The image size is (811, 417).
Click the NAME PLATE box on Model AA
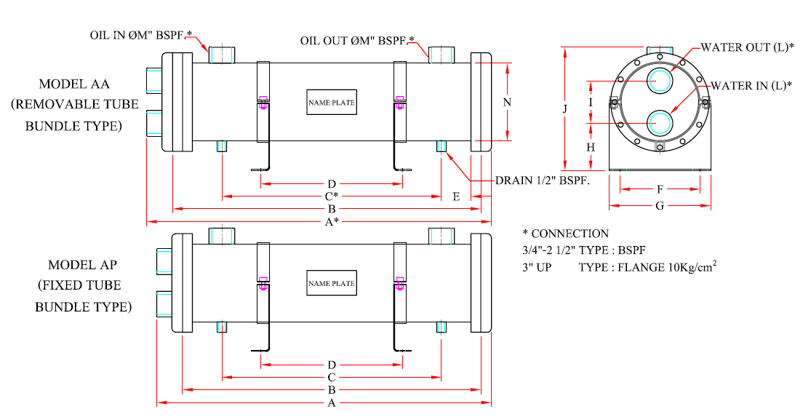tap(332, 103)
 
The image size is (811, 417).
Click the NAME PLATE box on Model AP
tap(332, 283)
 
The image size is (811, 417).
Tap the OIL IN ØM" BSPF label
tap(141, 34)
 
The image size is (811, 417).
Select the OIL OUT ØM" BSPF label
tap(357, 40)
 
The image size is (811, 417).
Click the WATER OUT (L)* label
tap(747, 47)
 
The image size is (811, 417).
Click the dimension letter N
tap(507, 103)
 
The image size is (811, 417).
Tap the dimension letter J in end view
tap(564, 109)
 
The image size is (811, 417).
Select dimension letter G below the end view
tap(659, 206)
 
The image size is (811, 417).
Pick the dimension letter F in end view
tap(659, 189)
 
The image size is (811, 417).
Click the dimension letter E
tap(456, 196)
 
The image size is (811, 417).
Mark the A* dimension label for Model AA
tap(332, 221)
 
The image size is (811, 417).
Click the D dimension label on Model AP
tap(332, 364)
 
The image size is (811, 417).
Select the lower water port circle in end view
tap(660, 122)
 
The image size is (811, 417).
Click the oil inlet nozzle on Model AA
tap(222, 55)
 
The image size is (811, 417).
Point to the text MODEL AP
tap(83, 264)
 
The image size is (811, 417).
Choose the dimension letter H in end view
tap(591, 147)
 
